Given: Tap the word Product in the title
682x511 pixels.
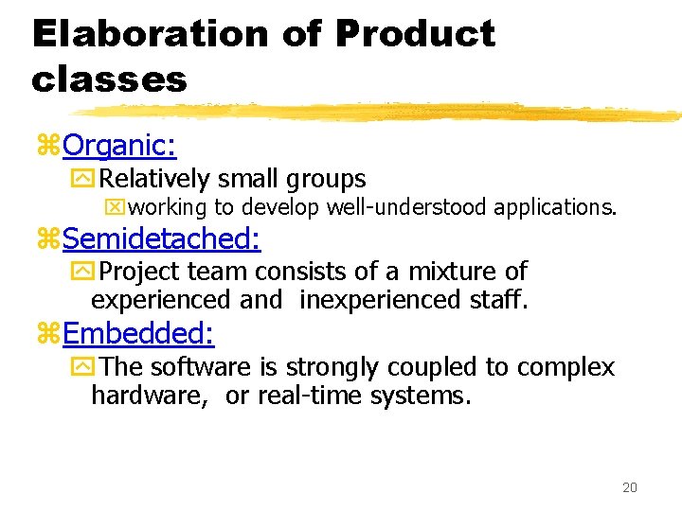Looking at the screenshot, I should click(x=415, y=34).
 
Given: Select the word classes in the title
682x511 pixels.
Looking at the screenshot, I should click(x=109, y=79).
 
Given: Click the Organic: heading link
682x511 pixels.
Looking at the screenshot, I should click(x=119, y=145).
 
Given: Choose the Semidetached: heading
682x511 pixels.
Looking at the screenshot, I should click(x=162, y=238).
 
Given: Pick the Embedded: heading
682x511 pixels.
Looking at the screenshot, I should click(x=138, y=332).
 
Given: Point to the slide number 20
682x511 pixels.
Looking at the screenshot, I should click(x=630, y=487).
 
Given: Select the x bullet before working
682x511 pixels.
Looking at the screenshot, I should click(x=118, y=207).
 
